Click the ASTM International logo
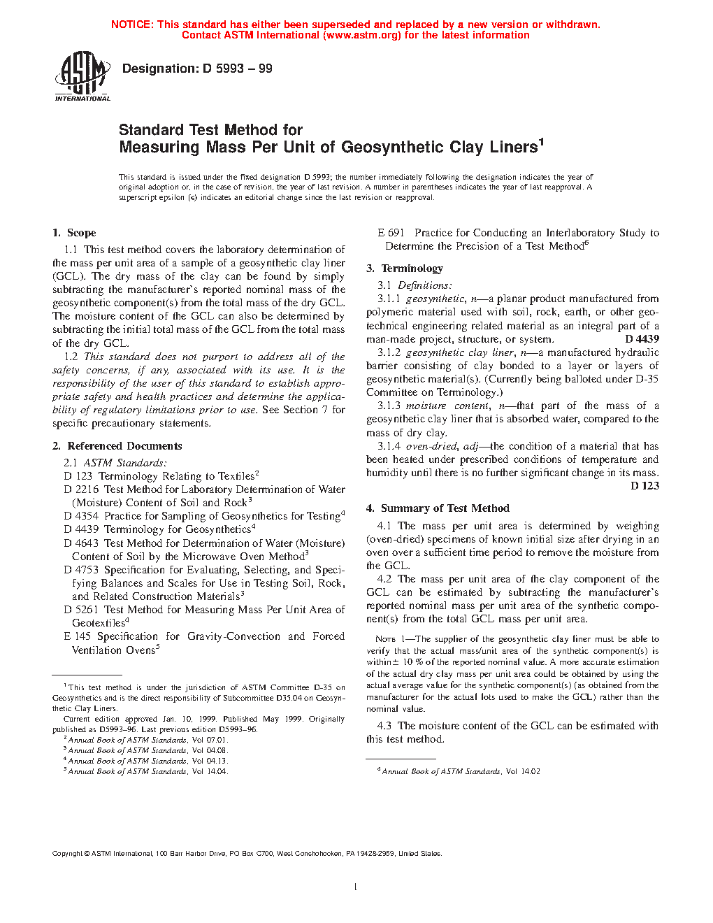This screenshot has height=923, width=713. coord(82,77)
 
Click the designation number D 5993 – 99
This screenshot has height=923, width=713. coord(237,69)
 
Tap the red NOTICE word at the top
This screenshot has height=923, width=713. coord(131,24)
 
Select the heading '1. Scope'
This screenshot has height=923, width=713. coord(74,233)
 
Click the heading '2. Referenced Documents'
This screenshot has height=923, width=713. coord(117,446)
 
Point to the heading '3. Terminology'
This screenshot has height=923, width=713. coord(404,269)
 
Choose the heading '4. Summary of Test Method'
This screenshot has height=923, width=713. coord(438,508)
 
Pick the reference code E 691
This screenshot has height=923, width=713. coord(391,233)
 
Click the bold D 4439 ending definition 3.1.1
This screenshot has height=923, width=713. coord(642,339)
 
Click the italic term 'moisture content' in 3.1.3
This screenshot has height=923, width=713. coord(447,406)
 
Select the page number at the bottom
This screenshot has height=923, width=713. coord(356,887)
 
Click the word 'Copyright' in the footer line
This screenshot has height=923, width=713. coord(68,854)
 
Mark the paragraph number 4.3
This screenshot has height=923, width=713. coord(384,726)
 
